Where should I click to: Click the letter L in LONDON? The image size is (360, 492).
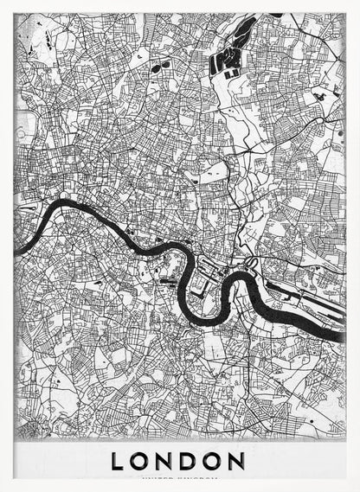point(119,461)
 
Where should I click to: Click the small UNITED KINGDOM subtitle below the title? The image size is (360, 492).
point(179,478)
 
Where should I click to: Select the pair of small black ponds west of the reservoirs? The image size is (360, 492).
point(158,66)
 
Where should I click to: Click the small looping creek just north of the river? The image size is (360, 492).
point(253,261)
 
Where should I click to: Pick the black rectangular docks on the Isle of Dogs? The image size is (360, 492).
point(204,275)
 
